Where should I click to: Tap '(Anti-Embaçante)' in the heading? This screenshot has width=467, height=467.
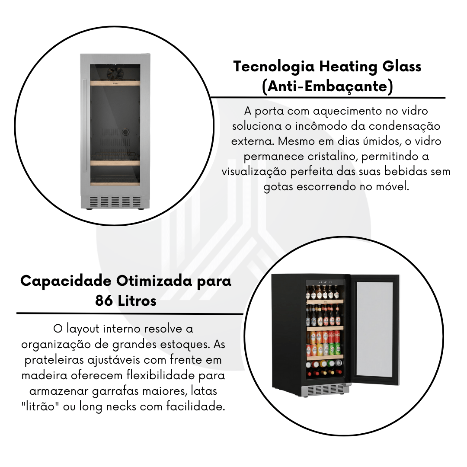coord(328,86)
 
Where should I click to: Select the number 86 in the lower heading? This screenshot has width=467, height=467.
coord(104,301)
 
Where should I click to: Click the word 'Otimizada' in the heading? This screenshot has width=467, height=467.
coord(154,281)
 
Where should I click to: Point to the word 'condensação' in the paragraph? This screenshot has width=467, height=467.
coord(404,126)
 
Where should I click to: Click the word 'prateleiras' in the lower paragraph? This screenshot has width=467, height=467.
coord(54,360)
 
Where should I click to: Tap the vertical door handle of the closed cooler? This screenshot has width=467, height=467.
coord(85,125)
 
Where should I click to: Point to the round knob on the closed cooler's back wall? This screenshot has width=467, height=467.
coord(125,131)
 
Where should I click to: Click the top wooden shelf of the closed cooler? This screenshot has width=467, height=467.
coord(115,83)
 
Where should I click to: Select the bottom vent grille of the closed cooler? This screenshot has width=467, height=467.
coord(115,202)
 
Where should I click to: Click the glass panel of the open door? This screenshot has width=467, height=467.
coord(374,329)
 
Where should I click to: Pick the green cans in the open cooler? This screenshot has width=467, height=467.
coord(335,349)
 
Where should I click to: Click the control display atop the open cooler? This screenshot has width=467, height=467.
coord(325,282)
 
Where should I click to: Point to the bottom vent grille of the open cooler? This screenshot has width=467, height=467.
coord(325,389)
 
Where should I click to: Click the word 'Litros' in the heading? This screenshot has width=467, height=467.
coord(137,301)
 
